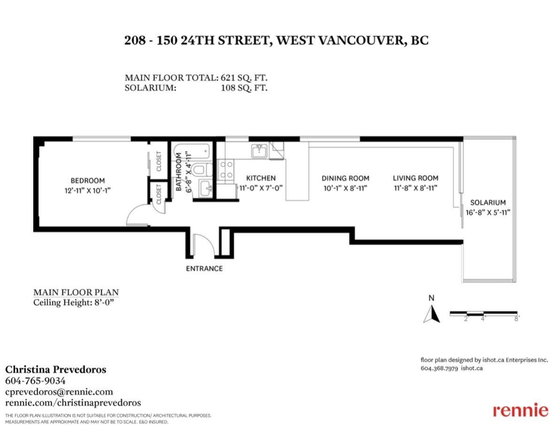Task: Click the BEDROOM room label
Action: coord(88,181)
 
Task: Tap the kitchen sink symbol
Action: coord(259,151)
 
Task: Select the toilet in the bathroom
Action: coord(202,170)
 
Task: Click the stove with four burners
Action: coord(226,170)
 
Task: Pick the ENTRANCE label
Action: coord(204,269)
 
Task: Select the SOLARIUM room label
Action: coord(488,203)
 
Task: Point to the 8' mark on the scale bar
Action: coord(516,319)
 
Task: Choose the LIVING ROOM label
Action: coord(415,178)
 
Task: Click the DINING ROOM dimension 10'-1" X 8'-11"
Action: coord(346,188)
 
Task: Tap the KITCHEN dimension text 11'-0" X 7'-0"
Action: coord(261,188)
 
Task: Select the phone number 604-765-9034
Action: coord(35,381)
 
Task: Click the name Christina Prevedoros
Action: coord(56,369)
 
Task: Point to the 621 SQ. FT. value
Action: coord(244,78)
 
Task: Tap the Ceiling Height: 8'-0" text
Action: coord(74,303)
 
